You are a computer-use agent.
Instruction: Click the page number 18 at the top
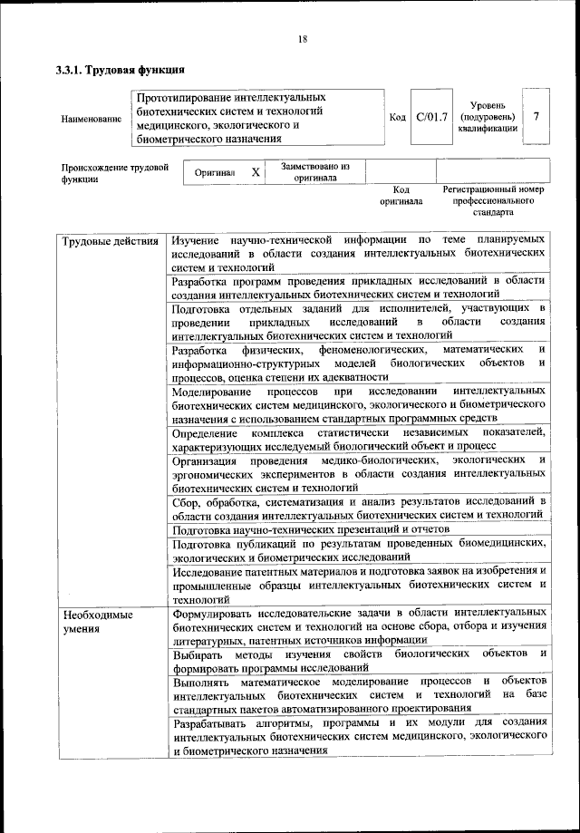coord(302,38)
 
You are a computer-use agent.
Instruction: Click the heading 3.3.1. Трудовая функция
coord(121,70)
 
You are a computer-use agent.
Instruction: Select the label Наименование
coord(92,120)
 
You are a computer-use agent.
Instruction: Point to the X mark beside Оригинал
coord(256,172)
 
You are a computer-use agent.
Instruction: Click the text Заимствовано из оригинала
coord(314,172)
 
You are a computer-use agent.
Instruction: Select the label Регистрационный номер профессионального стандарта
coord(493,200)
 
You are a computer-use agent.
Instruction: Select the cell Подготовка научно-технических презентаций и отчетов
coord(310,528)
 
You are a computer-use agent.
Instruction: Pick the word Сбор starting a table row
coord(185,500)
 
